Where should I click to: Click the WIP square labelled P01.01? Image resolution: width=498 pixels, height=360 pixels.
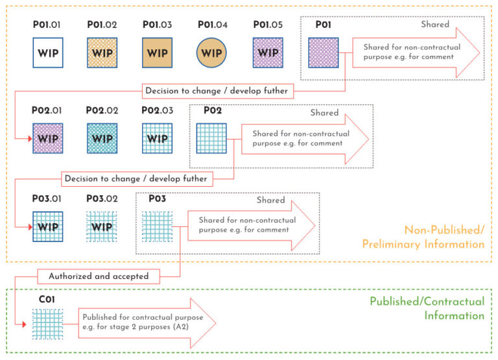pyautogui.click(x=47, y=53)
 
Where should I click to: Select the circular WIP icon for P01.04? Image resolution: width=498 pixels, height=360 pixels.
pyautogui.click(x=211, y=53)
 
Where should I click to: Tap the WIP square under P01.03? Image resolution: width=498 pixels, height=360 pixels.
pyautogui.click(x=158, y=53)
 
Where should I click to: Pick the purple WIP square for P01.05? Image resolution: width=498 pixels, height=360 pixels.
pyautogui.click(x=268, y=53)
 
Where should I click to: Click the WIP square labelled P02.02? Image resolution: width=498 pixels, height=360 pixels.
pyautogui.click(x=102, y=138)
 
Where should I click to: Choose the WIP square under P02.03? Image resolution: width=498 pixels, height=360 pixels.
pyautogui.click(x=157, y=138)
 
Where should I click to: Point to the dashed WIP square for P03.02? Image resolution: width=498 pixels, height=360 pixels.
pyautogui.click(x=102, y=227)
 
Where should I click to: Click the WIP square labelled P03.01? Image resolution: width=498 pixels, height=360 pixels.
pyautogui.click(x=47, y=227)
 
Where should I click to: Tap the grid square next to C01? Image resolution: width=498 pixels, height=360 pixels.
pyautogui.click(x=47, y=324)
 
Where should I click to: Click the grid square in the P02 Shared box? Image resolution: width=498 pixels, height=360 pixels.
pyautogui.click(x=211, y=138)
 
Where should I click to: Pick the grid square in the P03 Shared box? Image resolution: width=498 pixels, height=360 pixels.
pyautogui.click(x=158, y=227)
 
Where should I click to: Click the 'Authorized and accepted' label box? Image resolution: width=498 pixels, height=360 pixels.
pyautogui.click(x=99, y=276)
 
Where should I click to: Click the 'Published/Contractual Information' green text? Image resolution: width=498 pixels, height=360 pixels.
pyautogui.click(x=427, y=308)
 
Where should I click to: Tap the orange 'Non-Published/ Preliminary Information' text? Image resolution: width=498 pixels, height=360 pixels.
pyautogui.click(x=444, y=237)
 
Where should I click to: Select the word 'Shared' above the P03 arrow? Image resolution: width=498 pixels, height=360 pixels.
pyautogui.click(x=270, y=200)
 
